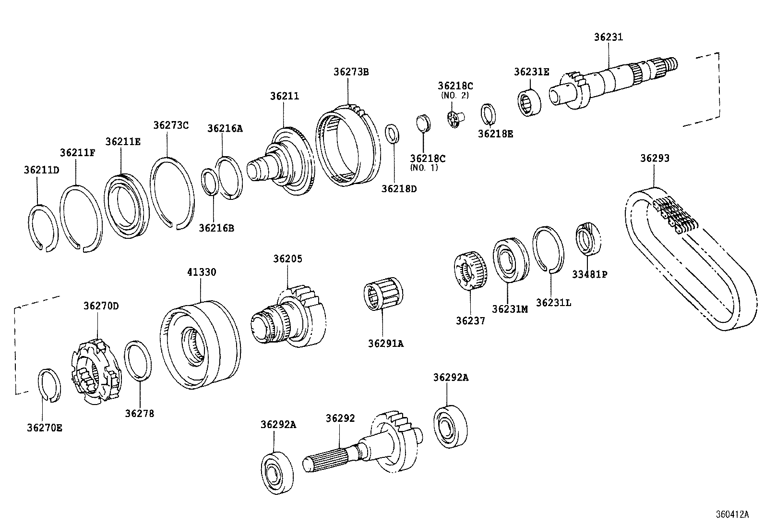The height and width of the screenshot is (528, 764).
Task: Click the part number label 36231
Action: click(x=608, y=37)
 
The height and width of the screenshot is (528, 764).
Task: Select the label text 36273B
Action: click(x=351, y=72)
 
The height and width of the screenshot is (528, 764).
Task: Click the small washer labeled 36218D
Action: click(x=392, y=133)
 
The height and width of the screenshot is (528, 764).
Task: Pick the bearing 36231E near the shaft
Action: click(x=529, y=102)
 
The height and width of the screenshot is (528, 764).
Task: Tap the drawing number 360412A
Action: click(x=732, y=514)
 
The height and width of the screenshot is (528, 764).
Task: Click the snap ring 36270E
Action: click(x=49, y=384)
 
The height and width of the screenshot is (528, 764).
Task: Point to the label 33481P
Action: click(x=589, y=274)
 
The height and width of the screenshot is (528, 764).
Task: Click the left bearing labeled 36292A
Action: click(x=277, y=472)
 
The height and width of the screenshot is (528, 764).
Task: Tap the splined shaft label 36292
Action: click(x=340, y=418)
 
